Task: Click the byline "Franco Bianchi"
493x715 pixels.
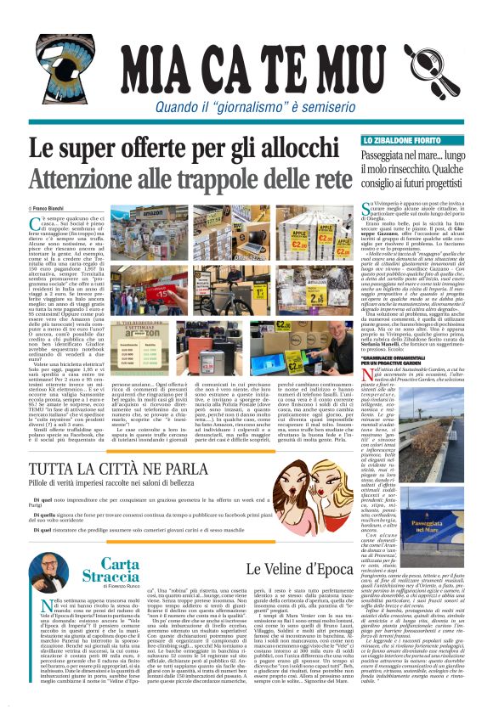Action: pos(53,206)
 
